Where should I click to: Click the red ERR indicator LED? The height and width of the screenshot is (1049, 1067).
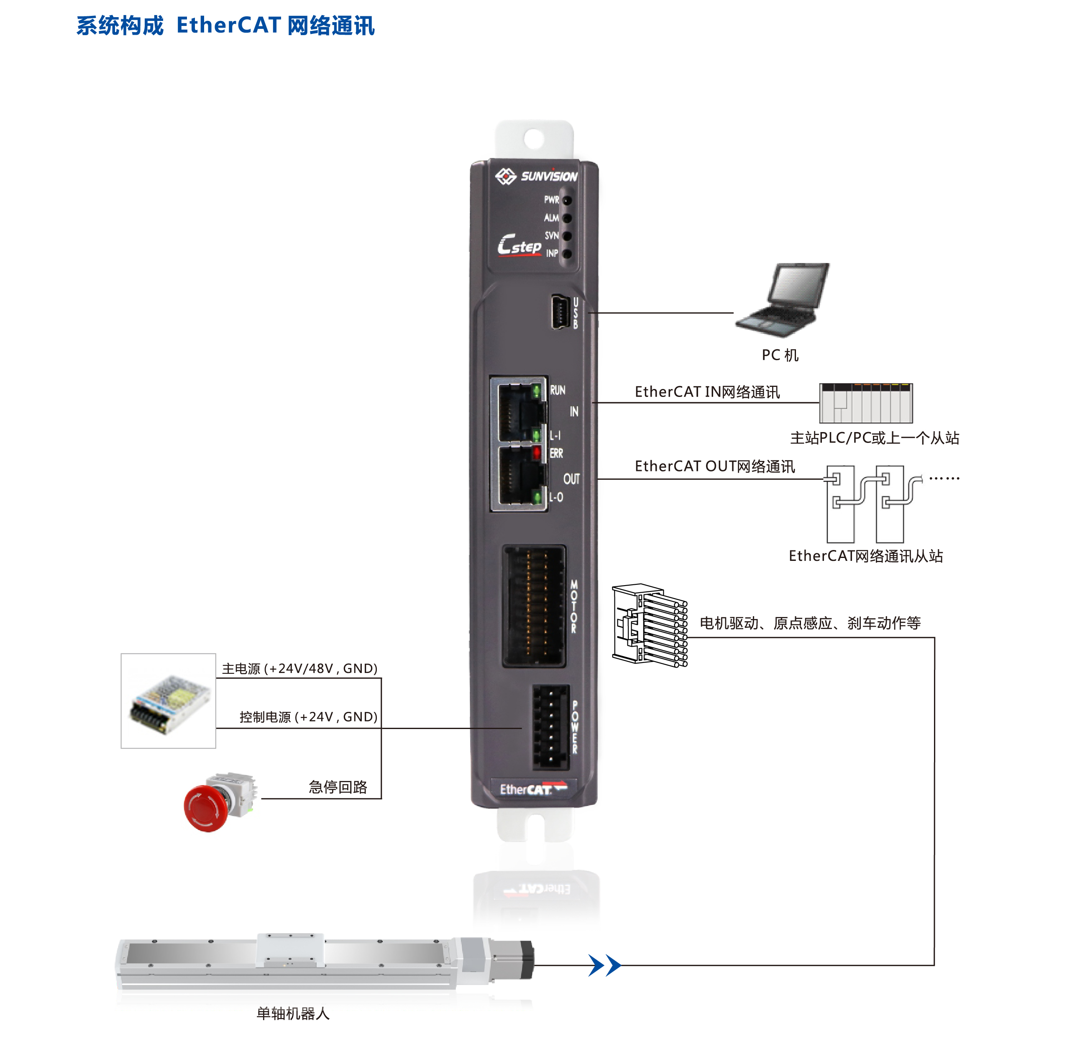point(536,453)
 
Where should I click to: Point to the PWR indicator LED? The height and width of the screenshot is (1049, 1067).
point(567,200)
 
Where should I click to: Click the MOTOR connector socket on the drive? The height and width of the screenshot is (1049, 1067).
point(533,606)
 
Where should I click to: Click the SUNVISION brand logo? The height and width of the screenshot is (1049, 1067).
point(536,177)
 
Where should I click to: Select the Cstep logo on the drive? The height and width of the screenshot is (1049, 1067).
point(519,245)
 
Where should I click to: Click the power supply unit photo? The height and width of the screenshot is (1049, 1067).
point(169,701)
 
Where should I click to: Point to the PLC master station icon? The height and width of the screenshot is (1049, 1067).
point(865,403)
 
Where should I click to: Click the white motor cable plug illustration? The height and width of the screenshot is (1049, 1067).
point(650,625)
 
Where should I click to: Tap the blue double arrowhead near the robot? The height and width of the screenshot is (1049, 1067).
point(604,965)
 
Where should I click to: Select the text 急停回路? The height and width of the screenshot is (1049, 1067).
point(337,787)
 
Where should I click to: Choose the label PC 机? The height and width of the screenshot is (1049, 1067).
point(780,355)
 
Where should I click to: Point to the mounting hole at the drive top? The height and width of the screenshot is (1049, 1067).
point(533,139)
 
